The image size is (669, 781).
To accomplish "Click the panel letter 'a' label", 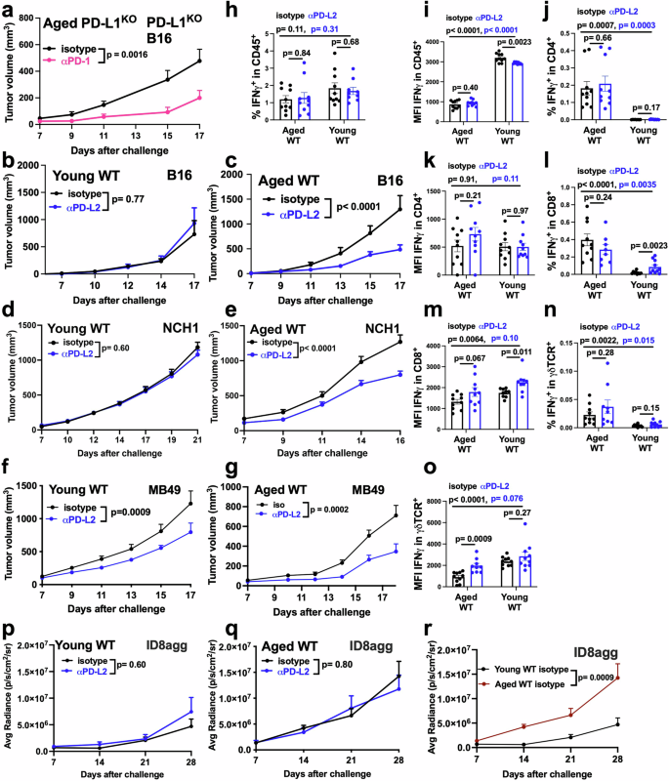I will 7,9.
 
